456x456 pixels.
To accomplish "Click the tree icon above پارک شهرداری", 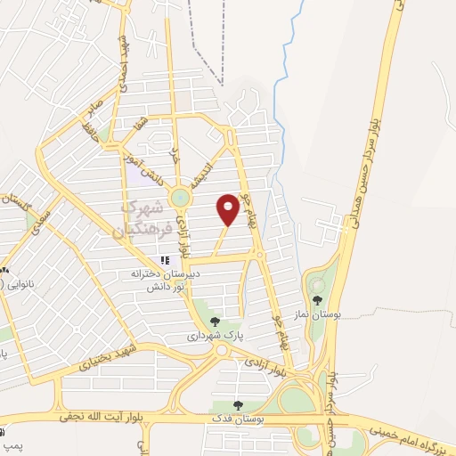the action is click(214, 322).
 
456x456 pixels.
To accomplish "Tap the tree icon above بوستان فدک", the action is click(237, 405).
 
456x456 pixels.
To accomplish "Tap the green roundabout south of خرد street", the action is click(181, 197).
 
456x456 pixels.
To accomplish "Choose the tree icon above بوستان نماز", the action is click(317, 300).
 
